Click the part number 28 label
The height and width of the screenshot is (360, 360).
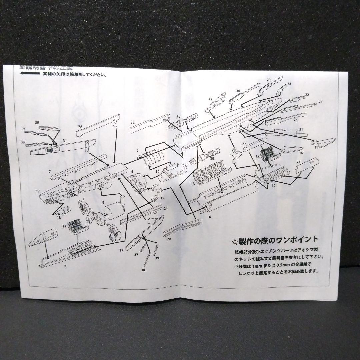click(x=80, y=127)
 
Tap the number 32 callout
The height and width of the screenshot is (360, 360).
click(x=132, y=122)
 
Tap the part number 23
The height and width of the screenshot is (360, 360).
click(x=298, y=162)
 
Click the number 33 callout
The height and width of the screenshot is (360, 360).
click(x=210, y=100)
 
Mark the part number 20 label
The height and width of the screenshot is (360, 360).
click(x=169, y=239)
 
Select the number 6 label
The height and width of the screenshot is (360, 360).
click(x=210, y=217)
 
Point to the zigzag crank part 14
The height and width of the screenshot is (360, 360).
click(x=237, y=154)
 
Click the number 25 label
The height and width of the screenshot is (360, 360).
click(x=320, y=102)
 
